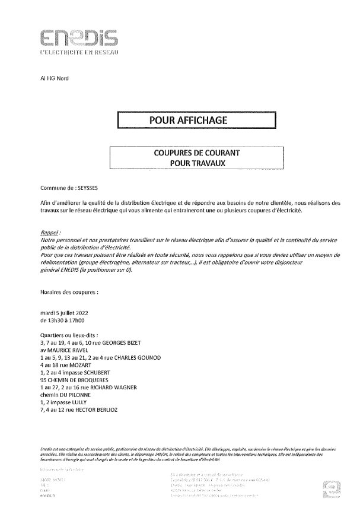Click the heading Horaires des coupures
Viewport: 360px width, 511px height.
click(69, 293)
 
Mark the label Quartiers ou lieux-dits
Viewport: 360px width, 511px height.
click(71, 335)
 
